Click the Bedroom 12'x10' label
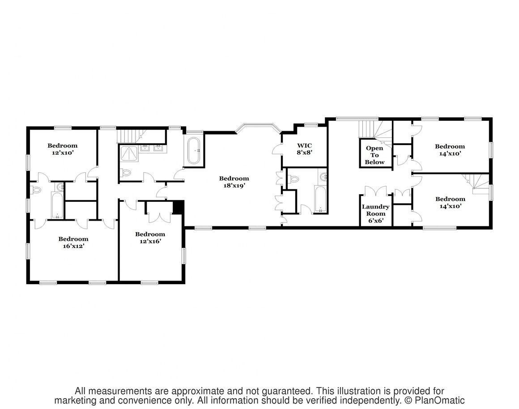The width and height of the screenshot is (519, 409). click(62, 149)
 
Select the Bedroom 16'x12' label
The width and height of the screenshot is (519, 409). click(73, 243)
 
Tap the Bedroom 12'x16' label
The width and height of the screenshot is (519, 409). click(150, 238)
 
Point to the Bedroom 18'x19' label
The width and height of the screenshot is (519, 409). click(234, 182)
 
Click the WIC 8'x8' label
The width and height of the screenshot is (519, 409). click(304, 149)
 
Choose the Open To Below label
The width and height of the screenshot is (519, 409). click(374, 155)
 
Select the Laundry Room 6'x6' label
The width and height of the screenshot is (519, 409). click(376, 213)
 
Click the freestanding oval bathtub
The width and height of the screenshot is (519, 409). click(194, 151)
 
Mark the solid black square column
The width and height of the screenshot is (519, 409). click(178, 207)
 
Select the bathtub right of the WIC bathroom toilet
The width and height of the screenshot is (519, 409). click(320, 200)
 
